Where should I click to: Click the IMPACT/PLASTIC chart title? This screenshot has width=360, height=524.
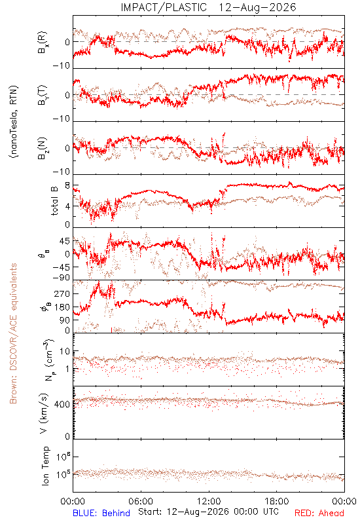click(208, 7)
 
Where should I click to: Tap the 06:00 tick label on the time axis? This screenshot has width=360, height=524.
click(141, 502)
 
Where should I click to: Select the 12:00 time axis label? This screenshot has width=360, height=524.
click(209, 502)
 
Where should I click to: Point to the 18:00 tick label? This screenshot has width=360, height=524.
click(277, 502)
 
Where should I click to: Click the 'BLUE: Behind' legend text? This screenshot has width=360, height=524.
click(101, 513)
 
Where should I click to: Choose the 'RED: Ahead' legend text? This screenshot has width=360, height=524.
click(319, 513)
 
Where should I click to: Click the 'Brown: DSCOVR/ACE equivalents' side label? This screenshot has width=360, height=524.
click(13, 333)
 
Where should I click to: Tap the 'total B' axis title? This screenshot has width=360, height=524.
click(54, 201)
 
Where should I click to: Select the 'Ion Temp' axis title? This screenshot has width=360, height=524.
click(46, 466)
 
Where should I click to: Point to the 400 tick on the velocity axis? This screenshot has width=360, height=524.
click(63, 404)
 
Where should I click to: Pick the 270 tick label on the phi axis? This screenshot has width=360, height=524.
click(63, 294)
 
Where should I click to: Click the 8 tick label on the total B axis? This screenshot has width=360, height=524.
click(67, 185)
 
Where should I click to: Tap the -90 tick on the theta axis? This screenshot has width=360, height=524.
click(61, 278)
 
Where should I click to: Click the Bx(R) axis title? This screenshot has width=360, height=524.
click(43, 43)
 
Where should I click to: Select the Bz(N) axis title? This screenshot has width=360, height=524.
click(43, 148)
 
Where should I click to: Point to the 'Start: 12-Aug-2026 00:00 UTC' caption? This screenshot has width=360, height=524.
click(208, 512)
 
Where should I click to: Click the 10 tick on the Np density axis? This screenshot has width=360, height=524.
click(65, 352)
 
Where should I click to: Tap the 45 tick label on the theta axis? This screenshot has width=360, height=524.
click(65, 241)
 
